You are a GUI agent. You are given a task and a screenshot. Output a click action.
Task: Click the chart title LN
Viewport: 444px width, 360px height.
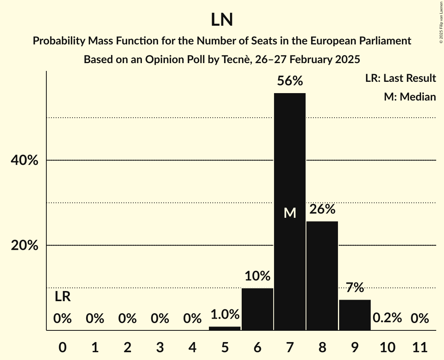click(222, 20)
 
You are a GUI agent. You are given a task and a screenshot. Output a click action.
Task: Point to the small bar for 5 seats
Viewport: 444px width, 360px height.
click(225, 328)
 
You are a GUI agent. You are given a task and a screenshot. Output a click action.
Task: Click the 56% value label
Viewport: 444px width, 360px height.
click(290, 81)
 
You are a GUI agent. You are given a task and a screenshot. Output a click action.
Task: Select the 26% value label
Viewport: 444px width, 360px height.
click(322, 209)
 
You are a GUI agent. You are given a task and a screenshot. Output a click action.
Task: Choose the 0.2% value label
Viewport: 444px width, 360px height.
click(387, 318)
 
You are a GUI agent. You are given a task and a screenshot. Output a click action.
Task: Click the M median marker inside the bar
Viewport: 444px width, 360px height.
click(290, 213)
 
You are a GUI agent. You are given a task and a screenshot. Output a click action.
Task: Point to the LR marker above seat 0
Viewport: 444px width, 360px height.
click(62, 297)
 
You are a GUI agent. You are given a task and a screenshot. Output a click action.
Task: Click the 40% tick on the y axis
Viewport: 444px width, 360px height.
click(27, 160)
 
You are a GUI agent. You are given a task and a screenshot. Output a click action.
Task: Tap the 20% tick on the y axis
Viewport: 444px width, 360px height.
click(27, 245)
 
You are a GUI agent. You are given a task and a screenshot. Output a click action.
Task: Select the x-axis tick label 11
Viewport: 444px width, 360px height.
click(419, 347)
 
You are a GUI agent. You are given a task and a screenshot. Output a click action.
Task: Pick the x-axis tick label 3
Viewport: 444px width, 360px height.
click(160, 347)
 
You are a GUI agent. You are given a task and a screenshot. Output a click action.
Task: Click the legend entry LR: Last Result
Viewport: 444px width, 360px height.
click(400, 78)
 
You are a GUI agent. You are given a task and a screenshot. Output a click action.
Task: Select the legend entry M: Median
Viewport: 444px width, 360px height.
click(410, 97)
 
